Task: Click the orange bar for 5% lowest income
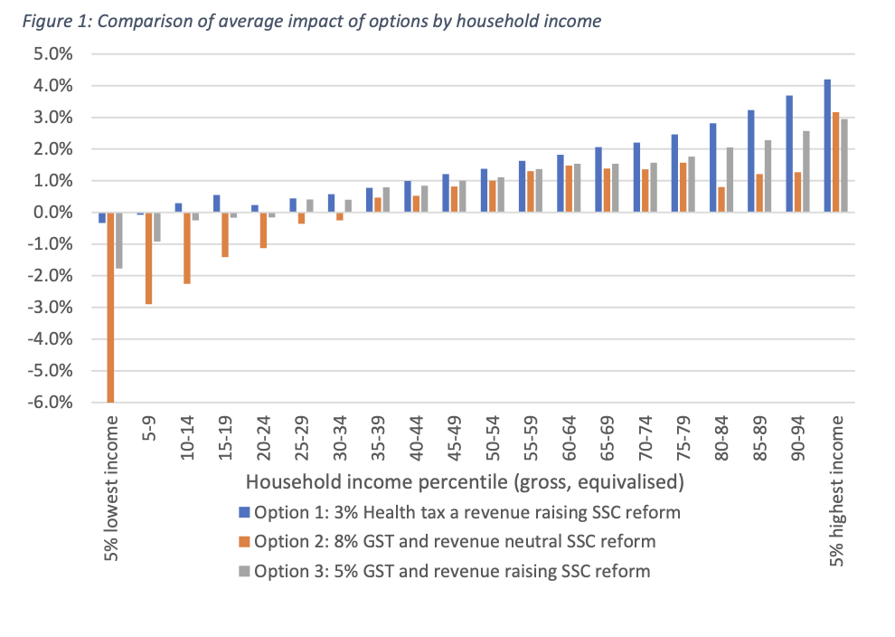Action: (110, 308)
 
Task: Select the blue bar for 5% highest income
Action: (827, 146)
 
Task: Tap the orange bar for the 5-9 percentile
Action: (148, 258)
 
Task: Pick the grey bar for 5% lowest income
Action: (118, 241)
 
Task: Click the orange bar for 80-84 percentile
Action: (721, 200)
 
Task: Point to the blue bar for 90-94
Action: (789, 154)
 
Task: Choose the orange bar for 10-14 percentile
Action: (186, 248)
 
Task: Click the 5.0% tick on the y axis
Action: (53, 54)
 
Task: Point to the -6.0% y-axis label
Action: (51, 402)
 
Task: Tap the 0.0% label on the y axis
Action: (53, 213)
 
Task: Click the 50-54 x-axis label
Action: (493, 438)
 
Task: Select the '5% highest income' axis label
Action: (836, 491)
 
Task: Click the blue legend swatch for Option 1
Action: (244, 512)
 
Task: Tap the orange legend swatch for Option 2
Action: (244, 542)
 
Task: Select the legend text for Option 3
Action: (452, 571)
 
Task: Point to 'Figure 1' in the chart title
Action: (57, 22)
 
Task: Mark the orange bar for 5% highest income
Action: (835, 162)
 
